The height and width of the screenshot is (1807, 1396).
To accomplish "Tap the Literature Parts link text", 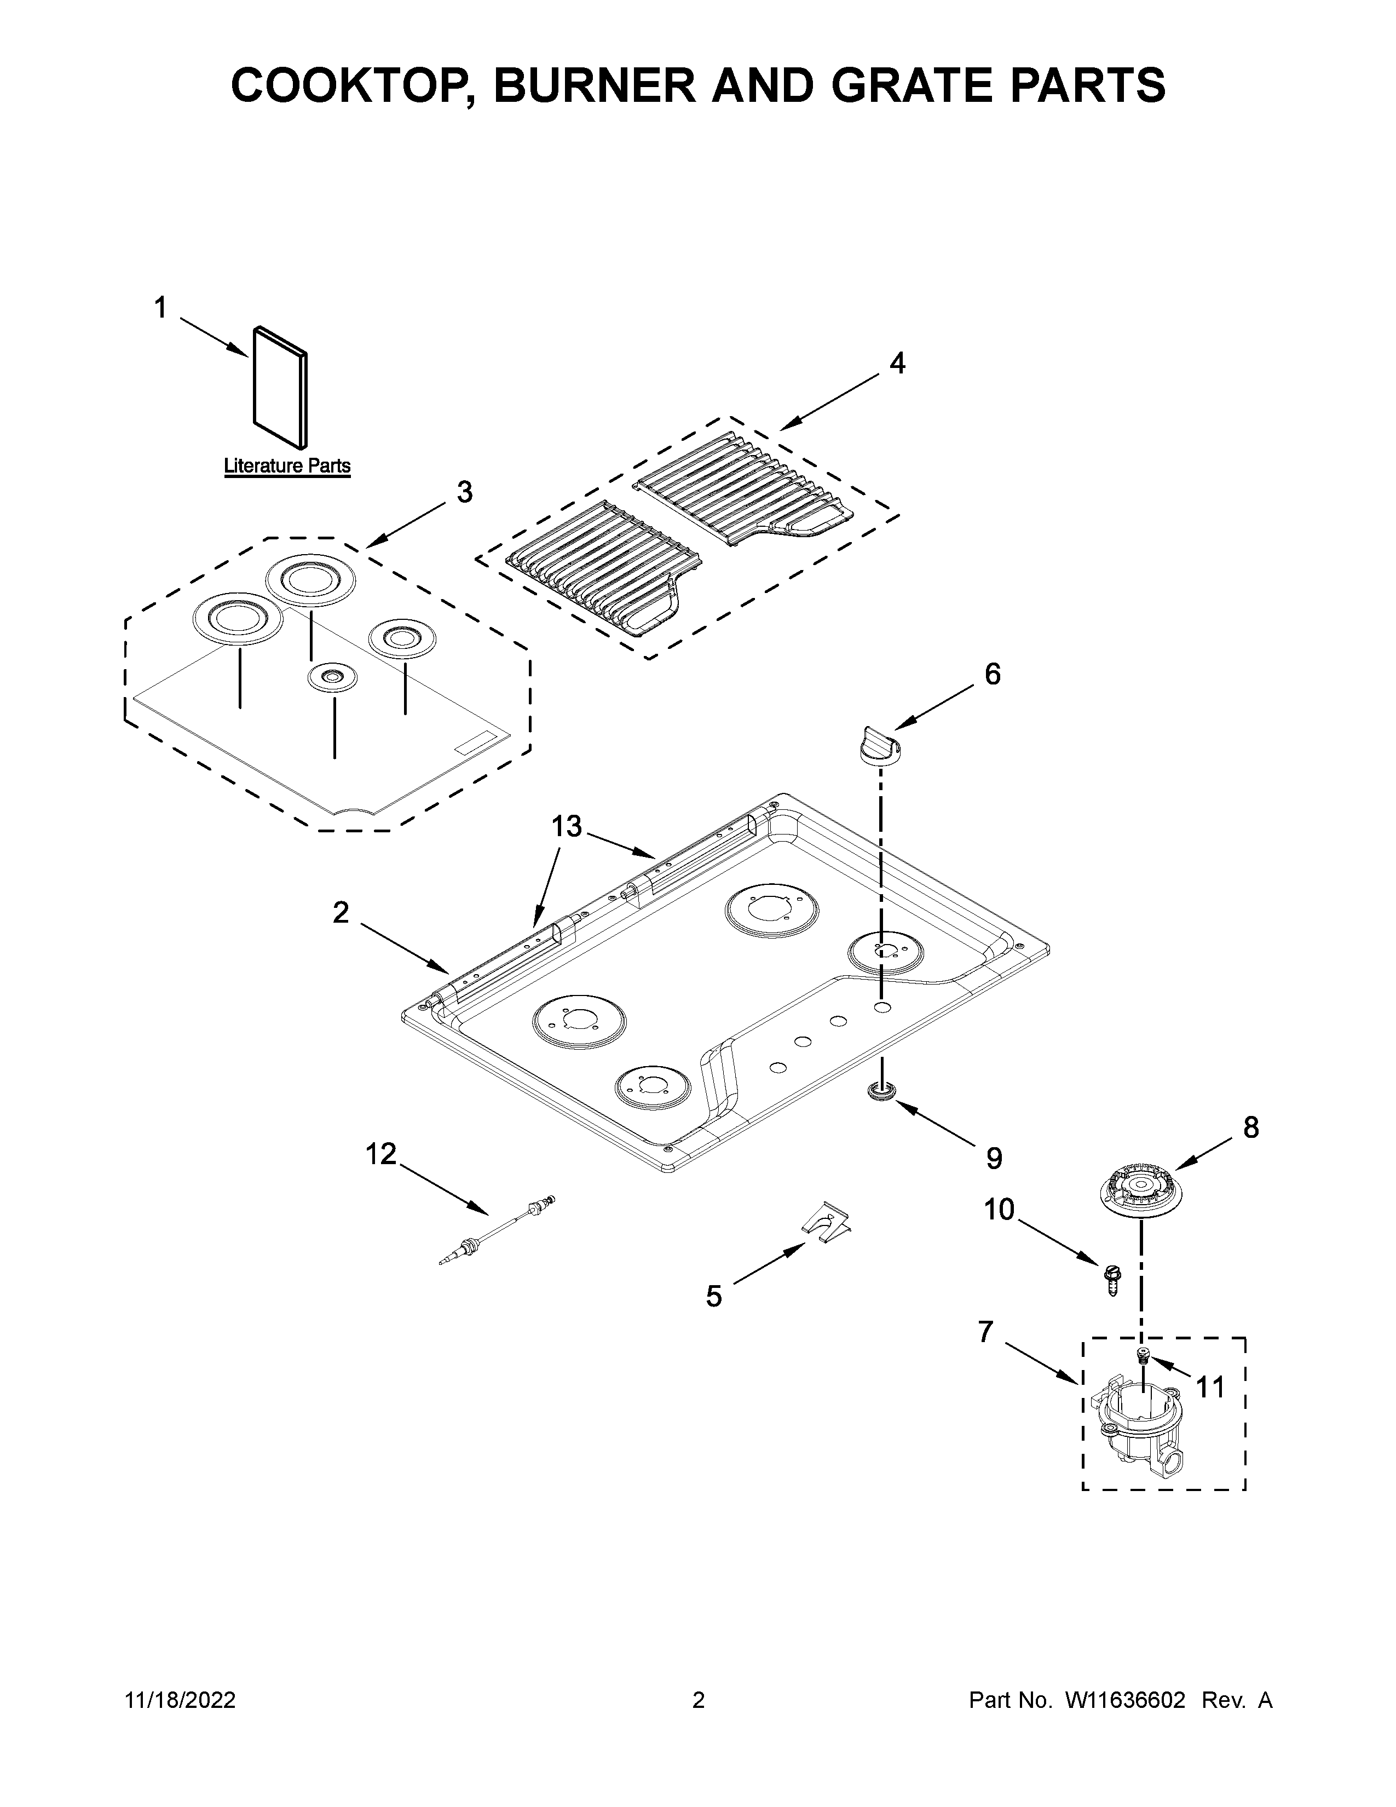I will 287,466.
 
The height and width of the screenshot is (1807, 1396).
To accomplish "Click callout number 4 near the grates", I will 897,362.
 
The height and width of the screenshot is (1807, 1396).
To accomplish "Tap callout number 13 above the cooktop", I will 567,826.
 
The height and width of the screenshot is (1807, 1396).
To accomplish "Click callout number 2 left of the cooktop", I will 341,913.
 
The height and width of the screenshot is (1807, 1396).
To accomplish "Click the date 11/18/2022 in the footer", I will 180,1700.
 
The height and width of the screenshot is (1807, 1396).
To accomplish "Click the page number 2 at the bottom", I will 698,1700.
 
